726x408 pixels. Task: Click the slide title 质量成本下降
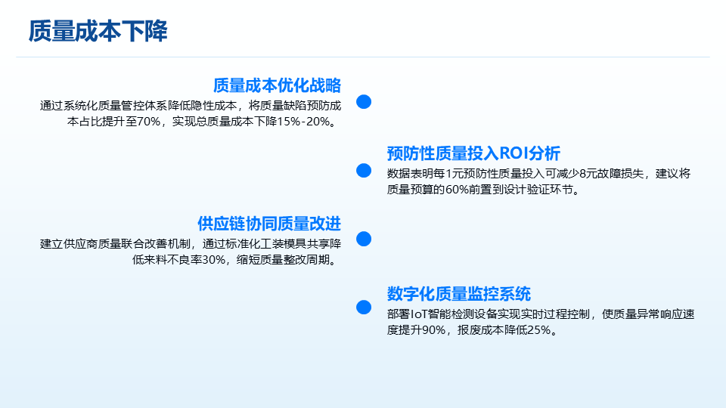[98, 32]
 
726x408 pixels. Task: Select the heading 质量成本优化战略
[277, 85]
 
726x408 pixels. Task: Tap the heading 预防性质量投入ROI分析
[473, 153]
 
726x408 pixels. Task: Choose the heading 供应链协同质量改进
[269, 224]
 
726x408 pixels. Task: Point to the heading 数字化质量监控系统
[459, 294]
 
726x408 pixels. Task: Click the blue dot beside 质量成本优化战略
[364, 102]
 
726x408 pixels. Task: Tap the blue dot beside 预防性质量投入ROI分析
[364, 170]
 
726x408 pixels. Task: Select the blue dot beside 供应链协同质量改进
[364, 239]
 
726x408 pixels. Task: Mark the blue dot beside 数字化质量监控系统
[364, 308]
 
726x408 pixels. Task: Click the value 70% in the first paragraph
[149, 122]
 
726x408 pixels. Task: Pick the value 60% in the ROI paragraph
[457, 190]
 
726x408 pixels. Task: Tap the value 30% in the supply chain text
[213, 260]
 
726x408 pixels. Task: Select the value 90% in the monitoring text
[433, 330]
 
